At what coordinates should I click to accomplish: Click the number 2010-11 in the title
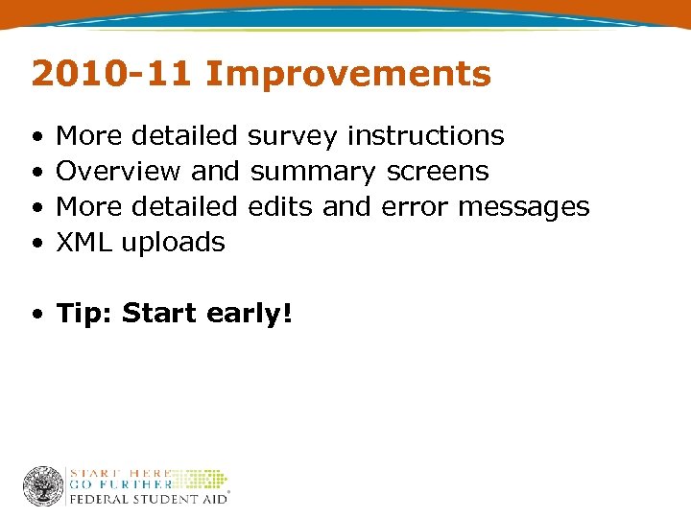point(112,74)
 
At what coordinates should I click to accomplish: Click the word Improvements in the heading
point(348,74)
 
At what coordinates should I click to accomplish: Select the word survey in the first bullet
point(292,136)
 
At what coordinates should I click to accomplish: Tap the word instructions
point(425,136)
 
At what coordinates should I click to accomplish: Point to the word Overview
point(118,172)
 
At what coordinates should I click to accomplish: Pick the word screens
point(437,172)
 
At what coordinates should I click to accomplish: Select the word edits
point(280,206)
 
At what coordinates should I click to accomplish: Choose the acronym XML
point(84,242)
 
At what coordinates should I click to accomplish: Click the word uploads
point(173,243)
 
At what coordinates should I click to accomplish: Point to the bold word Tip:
point(85,314)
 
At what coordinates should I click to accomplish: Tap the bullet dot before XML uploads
point(36,244)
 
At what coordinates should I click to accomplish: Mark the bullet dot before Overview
point(36,173)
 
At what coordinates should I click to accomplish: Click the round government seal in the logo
point(43,486)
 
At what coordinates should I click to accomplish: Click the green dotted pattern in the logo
point(202,479)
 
